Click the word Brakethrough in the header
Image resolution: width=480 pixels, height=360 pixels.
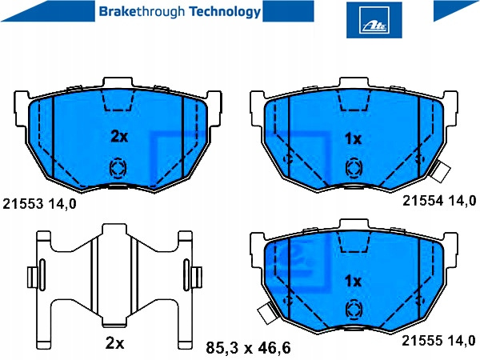[142, 12]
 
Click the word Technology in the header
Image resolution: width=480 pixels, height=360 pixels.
[225, 12]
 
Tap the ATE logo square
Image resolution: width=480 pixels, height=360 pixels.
[374, 20]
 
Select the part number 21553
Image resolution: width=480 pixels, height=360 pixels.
[23, 204]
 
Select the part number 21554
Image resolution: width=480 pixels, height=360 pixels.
[422, 201]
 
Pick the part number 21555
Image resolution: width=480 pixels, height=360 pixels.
[422, 341]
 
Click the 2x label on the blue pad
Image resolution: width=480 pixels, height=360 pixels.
[119, 137]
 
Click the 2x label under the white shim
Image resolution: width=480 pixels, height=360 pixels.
[114, 343]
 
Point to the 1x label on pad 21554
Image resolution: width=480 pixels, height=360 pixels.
[353, 139]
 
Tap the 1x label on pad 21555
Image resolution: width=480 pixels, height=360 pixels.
[353, 281]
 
